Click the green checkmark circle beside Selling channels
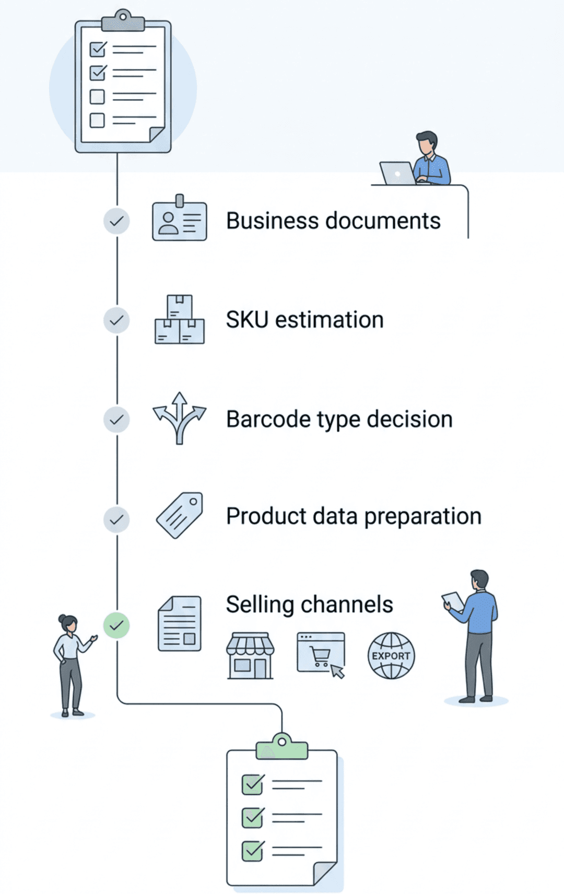[x=116, y=625]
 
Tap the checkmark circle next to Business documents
[x=116, y=221]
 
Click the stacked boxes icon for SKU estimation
[x=180, y=320]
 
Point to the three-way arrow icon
[x=180, y=418]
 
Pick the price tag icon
[x=180, y=515]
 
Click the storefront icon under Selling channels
[x=250, y=656]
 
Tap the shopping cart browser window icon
[x=321, y=654]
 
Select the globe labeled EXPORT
[x=391, y=655]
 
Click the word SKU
[x=247, y=320]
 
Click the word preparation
[x=422, y=516]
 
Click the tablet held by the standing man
[x=453, y=601]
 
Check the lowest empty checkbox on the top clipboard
[x=97, y=120]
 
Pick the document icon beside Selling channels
[x=180, y=624]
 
